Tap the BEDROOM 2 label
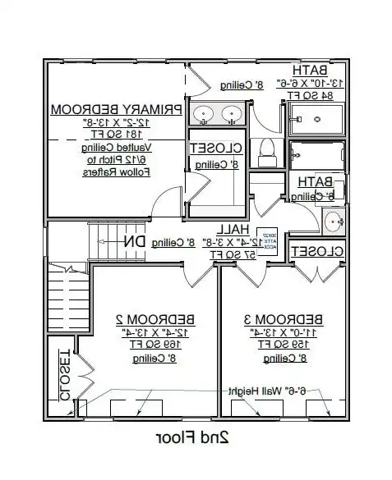pos(143,318)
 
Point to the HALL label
pos(229,231)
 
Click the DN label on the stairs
pos(135,241)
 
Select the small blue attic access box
pos(266,239)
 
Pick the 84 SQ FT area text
pos(314,95)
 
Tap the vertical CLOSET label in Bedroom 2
pos(63,376)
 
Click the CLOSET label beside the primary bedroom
pos(215,149)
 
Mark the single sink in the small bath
pos(334,221)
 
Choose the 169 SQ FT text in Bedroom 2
pos(143,345)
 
